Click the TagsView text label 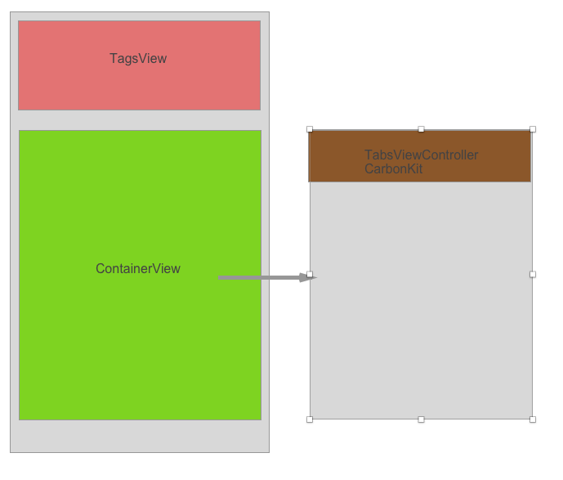[138, 59]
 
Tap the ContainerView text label [138, 269]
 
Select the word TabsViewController [421, 155]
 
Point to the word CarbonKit [393, 169]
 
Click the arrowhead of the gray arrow [308, 278]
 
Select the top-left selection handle [310, 129]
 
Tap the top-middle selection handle [421, 129]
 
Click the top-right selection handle [533, 129]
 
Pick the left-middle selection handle [310, 274]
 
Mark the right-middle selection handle [533, 274]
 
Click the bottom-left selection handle [310, 419]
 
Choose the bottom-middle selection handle [421, 419]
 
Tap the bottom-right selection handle [533, 419]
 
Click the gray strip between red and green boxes [139, 120]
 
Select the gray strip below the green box [139, 436]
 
